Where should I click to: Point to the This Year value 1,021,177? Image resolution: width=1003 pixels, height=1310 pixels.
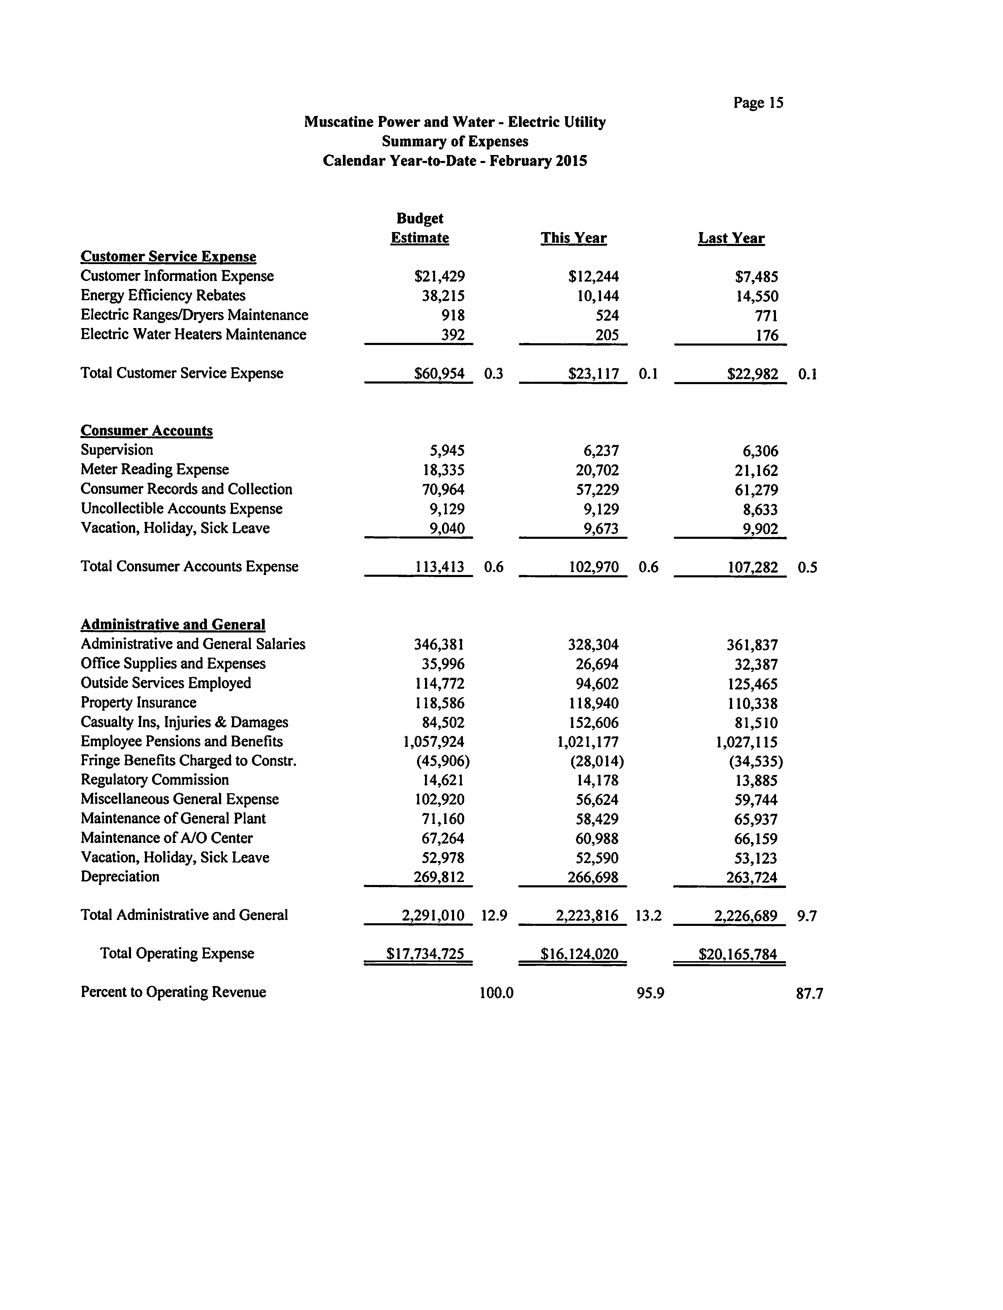coord(587,742)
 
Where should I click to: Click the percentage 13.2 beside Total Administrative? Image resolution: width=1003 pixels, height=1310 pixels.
coord(649,915)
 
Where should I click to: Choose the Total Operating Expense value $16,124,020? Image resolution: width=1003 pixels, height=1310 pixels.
coord(579,953)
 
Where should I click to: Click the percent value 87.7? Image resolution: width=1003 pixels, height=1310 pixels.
coord(809,993)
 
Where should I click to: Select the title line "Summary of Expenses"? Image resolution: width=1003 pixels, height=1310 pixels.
coord(455,141)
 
